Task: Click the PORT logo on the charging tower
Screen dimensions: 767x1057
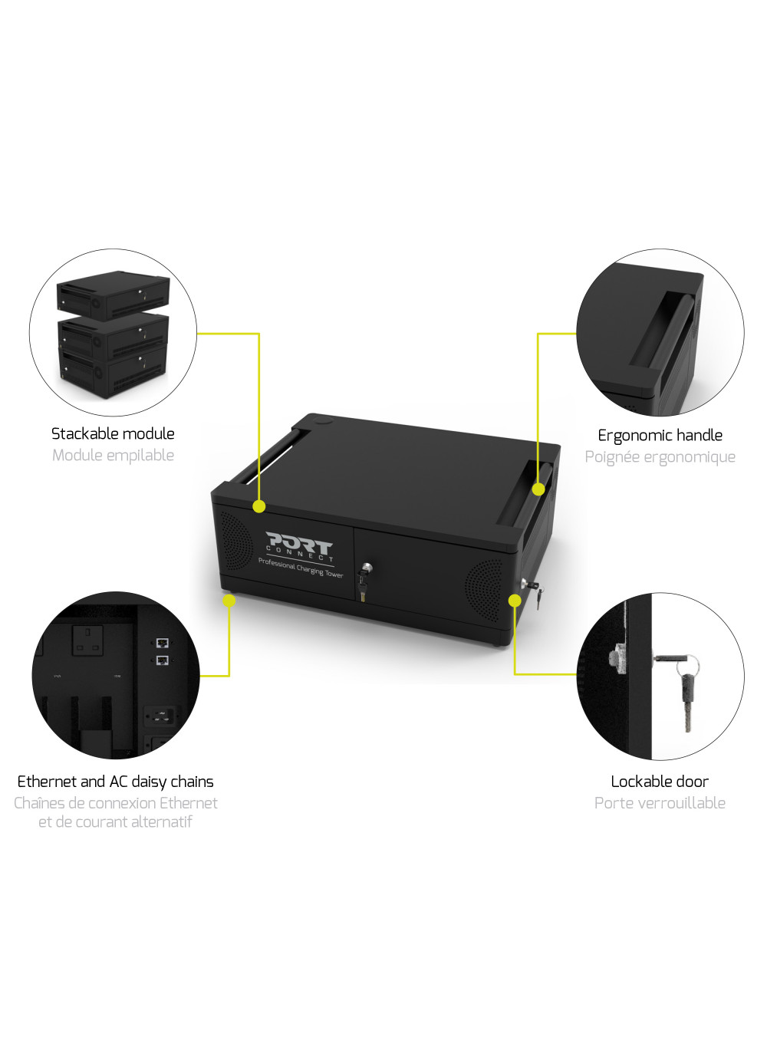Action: pos(299,546)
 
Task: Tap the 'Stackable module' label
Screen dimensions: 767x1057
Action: pos(113,433)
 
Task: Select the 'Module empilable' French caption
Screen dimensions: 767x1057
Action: pos(113,456)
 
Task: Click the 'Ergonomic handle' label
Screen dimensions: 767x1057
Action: pos(660,435)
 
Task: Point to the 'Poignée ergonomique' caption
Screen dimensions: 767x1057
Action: pos(660,456)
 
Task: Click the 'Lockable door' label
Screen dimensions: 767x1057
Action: pos(660,782)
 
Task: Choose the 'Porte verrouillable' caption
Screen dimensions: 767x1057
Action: pos(660,802)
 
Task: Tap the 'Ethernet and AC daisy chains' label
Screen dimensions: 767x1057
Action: pos(115,782)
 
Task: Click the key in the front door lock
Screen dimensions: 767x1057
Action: pos(363,582)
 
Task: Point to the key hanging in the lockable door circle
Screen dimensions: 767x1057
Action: pos(686,690)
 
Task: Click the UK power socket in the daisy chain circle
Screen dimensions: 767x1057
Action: pos(87,640)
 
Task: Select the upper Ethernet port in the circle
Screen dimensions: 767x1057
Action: pos(162,642)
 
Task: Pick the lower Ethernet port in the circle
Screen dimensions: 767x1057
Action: pos(162,660)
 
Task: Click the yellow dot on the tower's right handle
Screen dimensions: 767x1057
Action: pos(538,489)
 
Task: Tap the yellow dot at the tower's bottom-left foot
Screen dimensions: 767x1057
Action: pos(229,601)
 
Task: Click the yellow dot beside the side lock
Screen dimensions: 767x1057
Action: pos(515,601)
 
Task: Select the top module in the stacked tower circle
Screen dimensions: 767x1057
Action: pos(113,295)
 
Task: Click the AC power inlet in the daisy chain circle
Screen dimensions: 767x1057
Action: pos(161,716)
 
